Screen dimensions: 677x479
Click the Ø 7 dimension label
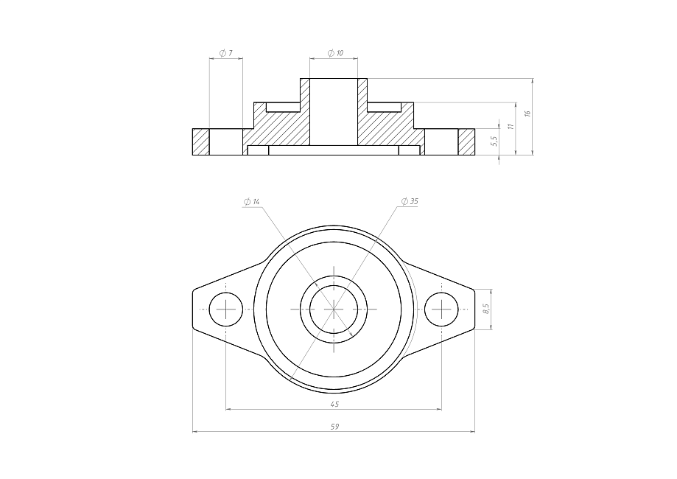pos(226,53)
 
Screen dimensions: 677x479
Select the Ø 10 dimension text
pos(335,53)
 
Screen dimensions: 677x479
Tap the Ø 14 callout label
pos(252,202)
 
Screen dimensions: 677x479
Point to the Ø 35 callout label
pos(410,201)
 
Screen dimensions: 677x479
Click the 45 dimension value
pos(334,405)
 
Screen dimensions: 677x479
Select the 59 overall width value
pos(334,427)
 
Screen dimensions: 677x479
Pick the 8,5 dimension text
pos(485,308)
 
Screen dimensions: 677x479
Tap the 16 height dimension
pos(527,113)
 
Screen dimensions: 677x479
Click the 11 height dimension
pos(511,126)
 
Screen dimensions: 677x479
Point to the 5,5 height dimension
pos(495,141)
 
